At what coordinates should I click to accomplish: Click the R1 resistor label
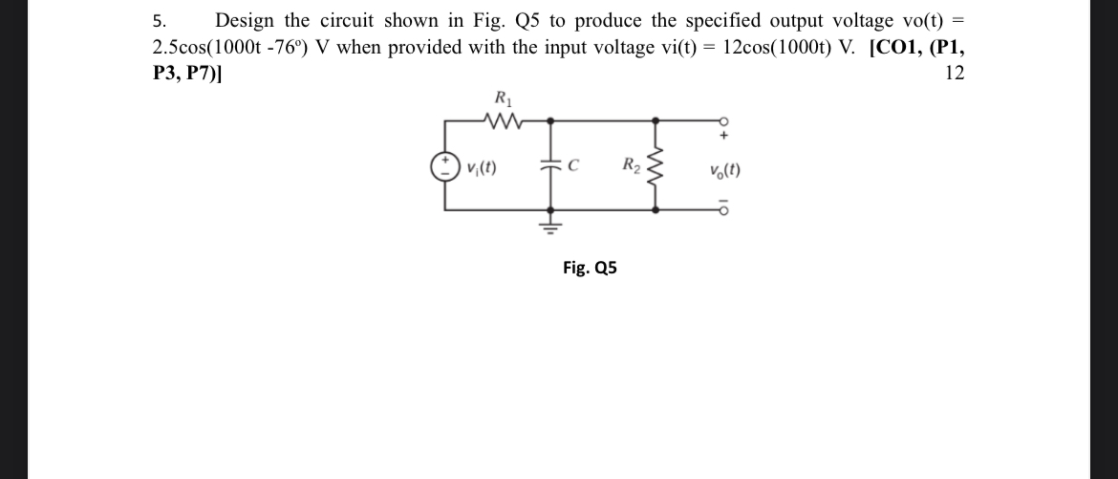tap(502, 98)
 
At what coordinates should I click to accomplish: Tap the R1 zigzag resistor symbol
tap(503, 120)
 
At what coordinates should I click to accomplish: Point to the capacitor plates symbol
tap(551, 168)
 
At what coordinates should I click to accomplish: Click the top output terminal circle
tap(725, 120)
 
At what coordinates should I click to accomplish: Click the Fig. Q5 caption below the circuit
tap(590, 268)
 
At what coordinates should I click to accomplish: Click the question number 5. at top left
tap(159, 21)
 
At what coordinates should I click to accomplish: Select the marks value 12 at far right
tap(954, 74)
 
